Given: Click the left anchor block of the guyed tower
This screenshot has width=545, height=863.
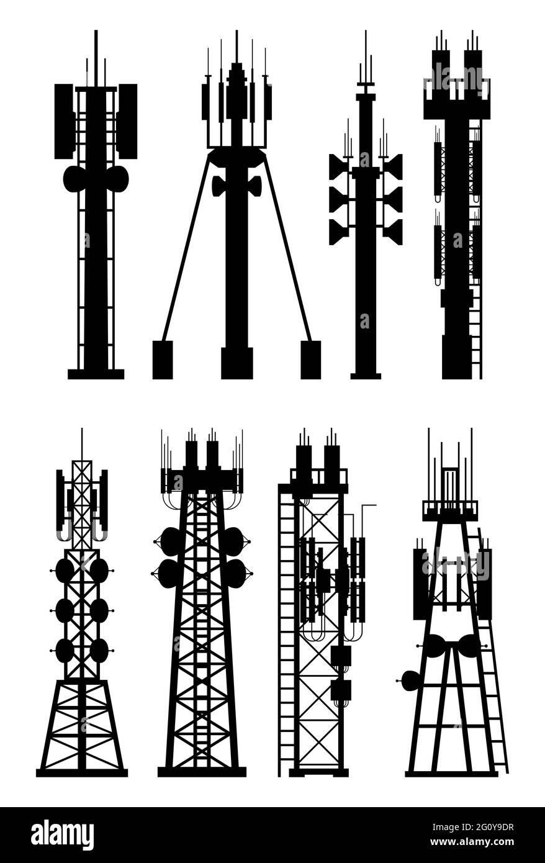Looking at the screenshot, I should (163, 359).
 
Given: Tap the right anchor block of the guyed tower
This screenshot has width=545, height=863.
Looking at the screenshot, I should (310, 359).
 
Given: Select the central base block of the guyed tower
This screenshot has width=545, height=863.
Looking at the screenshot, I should (236, 363).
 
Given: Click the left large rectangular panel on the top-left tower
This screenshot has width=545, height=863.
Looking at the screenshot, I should (63, 121).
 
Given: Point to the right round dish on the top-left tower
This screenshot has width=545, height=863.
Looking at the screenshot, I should (117, 179).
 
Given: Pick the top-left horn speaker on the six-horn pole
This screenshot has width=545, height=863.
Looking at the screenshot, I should (339, 166).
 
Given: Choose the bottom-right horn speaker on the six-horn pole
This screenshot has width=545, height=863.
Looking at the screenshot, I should (392, 232).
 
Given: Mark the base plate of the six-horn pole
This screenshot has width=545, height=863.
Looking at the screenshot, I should (366, 376).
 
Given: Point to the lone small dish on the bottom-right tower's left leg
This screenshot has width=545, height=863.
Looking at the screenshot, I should (410, 681).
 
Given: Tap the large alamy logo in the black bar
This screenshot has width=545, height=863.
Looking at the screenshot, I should (62, 834).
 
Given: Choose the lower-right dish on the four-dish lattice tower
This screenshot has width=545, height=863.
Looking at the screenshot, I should (235, 573).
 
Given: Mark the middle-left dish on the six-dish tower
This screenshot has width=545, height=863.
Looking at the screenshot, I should (65, 610).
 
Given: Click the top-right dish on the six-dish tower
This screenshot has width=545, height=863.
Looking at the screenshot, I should (99, 570).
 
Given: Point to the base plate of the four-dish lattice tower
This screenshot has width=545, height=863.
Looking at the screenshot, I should (202, 772).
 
